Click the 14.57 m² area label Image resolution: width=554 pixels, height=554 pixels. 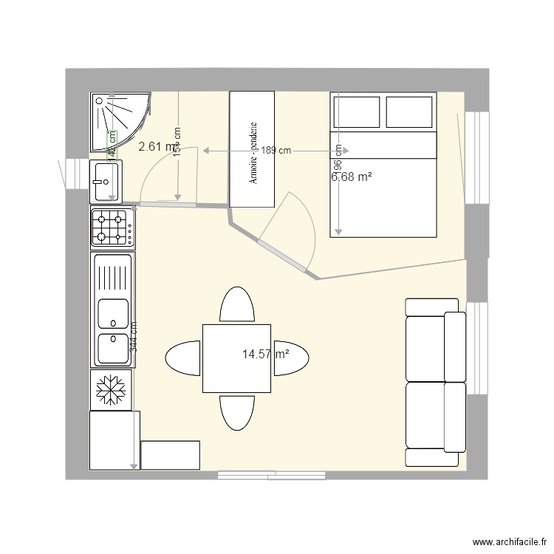[x=265, y=355]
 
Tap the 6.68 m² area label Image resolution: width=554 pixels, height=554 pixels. [x=351, y=177]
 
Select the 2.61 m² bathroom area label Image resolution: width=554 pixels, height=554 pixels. [x=157, y=146]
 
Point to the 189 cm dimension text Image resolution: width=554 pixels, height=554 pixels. [x=276, y=150]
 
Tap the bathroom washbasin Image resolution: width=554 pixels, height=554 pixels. [x=106, y=181]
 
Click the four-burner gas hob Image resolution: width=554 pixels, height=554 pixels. [x=112, y=228]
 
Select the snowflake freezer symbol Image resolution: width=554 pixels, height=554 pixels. [x=111, y=390]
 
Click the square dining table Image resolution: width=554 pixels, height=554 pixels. [x=237, y=358]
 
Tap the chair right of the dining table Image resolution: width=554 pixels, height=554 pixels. [x=291, y=359]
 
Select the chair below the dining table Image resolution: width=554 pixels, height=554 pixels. [x=237, y=411]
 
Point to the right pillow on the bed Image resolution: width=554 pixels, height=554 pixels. [x=409, y=111]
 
